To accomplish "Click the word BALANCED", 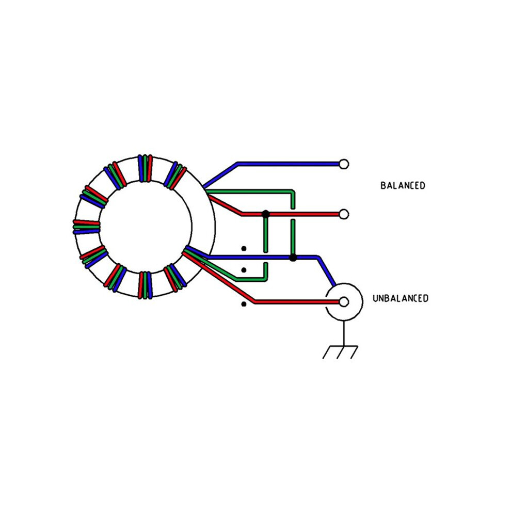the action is tap(403, 185).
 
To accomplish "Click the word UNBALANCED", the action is tap(401, 298).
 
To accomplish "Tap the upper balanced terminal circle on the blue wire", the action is tap(344, 164).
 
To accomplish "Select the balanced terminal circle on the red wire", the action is tap(344, 214).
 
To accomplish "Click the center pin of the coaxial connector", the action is tap(344, 302).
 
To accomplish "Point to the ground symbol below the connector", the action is tap(341, 352).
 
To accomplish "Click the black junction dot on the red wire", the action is tap(266, 214).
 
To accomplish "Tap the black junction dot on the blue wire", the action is tap(293, 258).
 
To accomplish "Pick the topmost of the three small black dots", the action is tap(244, 249).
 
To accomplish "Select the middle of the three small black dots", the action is tap(244, 270).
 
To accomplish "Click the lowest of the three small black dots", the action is tap(244, 304).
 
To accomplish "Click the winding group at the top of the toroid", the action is tap(145, 168).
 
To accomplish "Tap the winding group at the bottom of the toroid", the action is tap(145, 285).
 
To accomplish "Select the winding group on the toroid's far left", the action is tap(86, 227).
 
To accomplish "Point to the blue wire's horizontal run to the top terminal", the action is tap(289, 164).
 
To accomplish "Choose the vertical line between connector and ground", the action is tap(344, 333).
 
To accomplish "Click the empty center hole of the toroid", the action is tap(146, 227).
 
